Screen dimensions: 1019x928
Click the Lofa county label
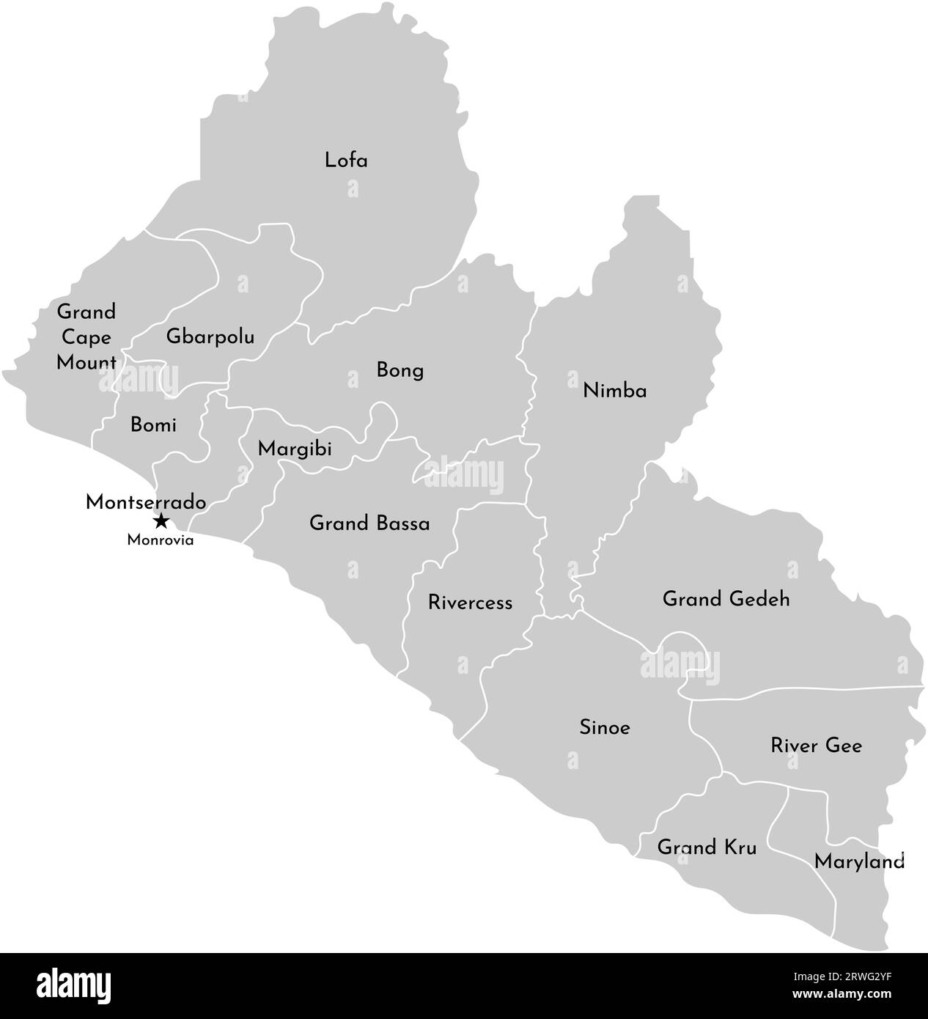346,160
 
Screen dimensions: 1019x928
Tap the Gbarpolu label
210,337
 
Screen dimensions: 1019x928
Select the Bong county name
400,370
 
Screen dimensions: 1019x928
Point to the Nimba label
614,391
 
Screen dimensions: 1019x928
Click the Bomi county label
153,424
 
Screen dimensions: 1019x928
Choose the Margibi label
295,449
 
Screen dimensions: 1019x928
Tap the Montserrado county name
145,503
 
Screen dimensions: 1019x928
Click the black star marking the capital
161,522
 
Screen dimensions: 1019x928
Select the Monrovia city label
161,540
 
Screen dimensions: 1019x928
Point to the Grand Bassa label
369,523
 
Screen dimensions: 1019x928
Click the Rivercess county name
470,603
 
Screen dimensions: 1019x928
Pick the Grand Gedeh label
726,599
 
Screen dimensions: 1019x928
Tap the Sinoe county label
605,728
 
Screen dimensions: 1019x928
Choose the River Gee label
816,746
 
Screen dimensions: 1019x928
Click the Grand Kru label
707,847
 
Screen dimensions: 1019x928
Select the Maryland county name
859,862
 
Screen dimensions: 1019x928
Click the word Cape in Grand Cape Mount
86,338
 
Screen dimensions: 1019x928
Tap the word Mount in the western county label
86,363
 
